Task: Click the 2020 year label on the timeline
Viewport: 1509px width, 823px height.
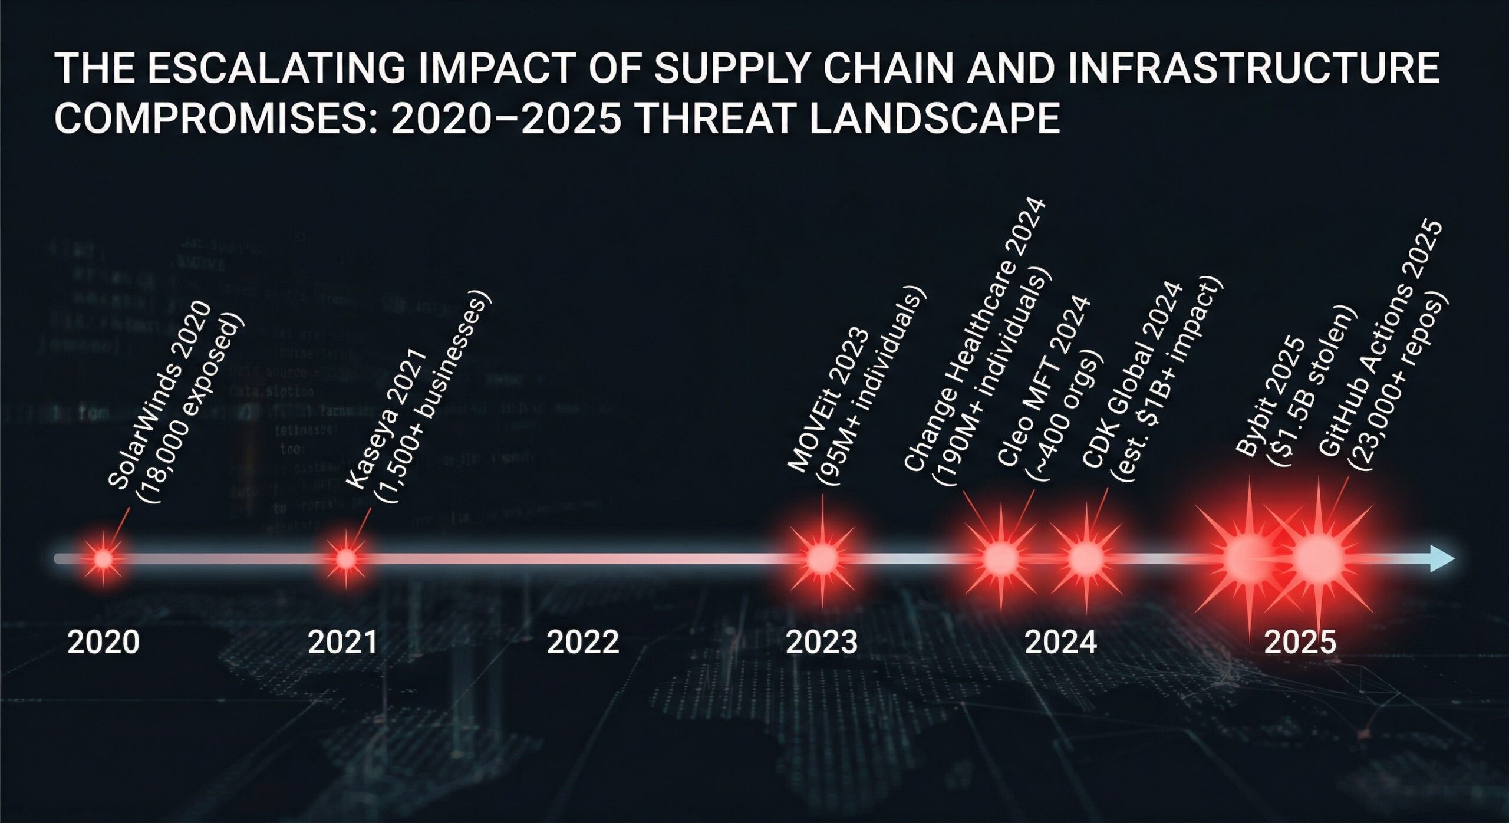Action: click(103, 642)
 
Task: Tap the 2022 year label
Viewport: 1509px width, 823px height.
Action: click(582, 642)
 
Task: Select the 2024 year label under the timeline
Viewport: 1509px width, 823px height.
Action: click(1060, 642)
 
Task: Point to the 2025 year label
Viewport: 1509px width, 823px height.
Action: click(1300, 642)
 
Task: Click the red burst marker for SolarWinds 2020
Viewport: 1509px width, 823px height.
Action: click(103, 558)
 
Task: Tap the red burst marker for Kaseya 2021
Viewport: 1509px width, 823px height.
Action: click(346, 558)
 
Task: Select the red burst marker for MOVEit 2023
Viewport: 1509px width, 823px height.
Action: click(822, 558)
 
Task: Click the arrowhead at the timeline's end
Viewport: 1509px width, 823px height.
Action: click(1443, 558)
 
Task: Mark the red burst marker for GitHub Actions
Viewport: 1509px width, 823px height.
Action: click(1319, 558)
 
